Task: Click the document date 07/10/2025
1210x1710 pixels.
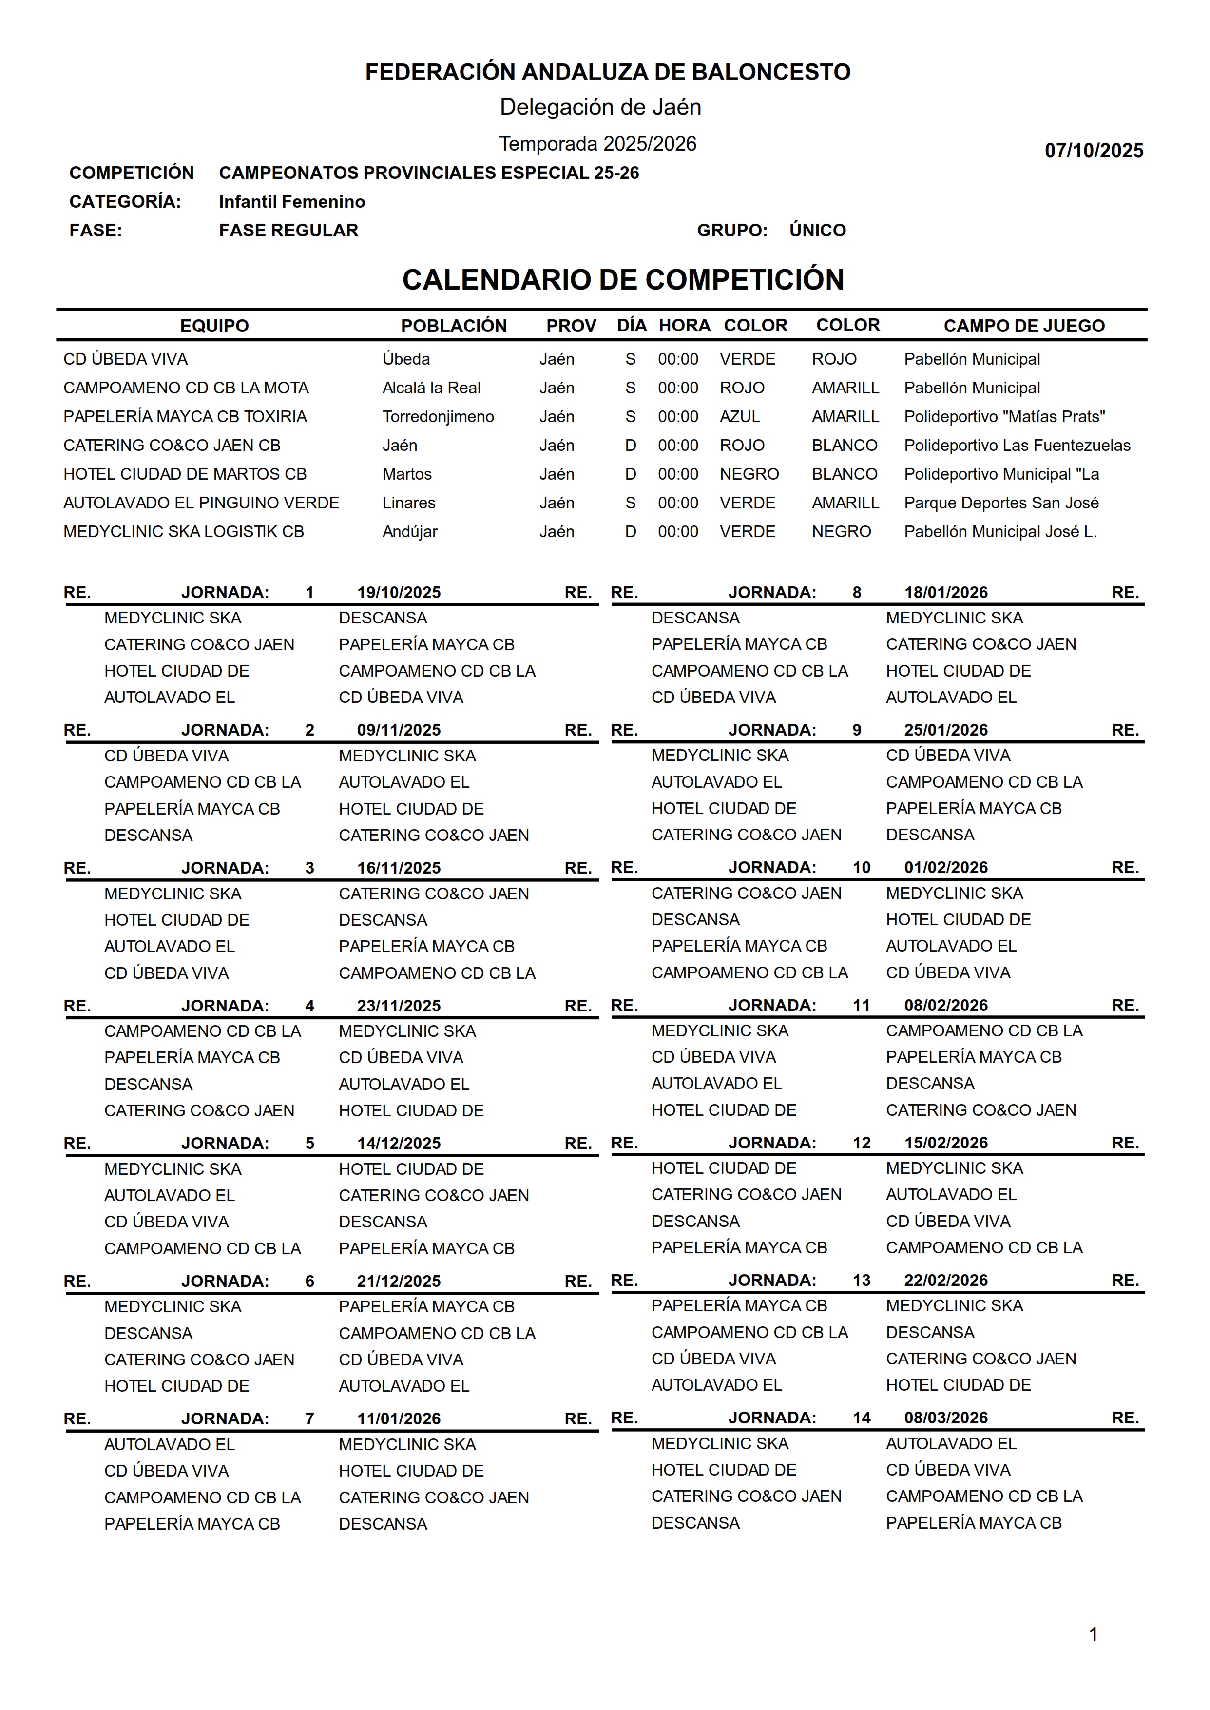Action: pos(1093,151)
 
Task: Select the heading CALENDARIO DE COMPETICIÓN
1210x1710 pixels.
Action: pos(623,279)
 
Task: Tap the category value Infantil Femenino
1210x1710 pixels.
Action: pos(291,202)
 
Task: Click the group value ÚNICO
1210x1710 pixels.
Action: pos(817,230)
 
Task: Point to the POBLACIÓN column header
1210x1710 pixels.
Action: pos(453,326)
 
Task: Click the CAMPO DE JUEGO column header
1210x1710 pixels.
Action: pos(1024,326)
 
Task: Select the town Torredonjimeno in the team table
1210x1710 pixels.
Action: pos(438,416)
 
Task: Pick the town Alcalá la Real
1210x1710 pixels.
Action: pos(431,388)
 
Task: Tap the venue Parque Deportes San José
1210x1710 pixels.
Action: pos(1000,503)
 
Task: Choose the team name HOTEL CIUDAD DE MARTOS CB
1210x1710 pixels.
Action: pos(185,474)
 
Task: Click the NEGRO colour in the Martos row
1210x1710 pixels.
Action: pos(749,474)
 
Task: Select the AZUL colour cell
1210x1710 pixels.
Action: pos(739,416)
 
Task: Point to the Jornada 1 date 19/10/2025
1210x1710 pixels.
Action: pos(399,592)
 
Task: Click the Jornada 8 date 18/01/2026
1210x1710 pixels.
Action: pos(945,592)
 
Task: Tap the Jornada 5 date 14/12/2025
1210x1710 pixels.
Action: pos(399,1143)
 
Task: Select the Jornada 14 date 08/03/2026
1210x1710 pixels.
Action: pos(945,1418)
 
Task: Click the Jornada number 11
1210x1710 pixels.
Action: pos(861,1005)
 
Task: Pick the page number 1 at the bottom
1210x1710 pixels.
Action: pos(1093,1634)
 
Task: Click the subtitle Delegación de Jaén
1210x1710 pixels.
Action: pos(600,107)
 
